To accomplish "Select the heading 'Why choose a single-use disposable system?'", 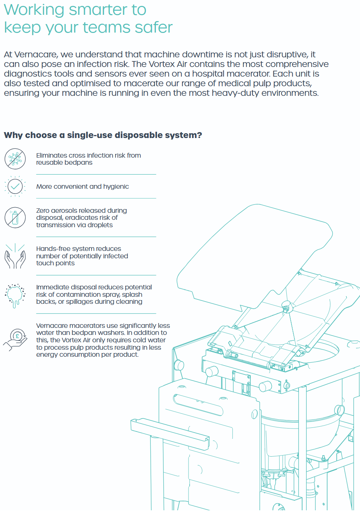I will click(x=103, y=135).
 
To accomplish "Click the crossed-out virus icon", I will click(x=15, y=159).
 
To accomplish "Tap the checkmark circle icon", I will click(x=15, y=186).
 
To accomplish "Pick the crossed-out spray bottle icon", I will click(x=15, y=218).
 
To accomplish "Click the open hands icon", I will click(x=15, y=256).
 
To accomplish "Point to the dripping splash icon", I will click(x=15, y=295).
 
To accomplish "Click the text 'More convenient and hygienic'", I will click(x=83, y=187).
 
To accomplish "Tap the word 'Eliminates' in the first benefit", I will click(x=51, y=155).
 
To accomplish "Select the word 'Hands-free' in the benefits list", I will click(x=53, y=249).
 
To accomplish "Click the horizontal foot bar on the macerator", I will click(x=170, y=433).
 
